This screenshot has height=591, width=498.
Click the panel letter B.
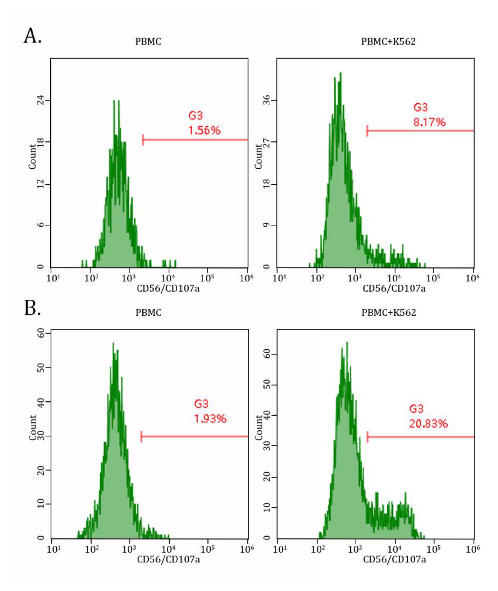(32, 308)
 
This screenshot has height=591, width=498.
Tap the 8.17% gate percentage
(429, 122)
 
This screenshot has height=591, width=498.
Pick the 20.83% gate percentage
(428, 424)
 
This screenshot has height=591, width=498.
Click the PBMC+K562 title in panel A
(388, 42)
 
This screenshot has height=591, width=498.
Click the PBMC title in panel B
(149, 313)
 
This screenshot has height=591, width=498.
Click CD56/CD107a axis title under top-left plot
(168, 289)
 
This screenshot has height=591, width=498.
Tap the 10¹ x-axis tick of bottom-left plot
(53, 549)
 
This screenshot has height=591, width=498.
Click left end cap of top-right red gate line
(367, 131)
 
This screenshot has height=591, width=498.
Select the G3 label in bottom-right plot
(416, 409)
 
